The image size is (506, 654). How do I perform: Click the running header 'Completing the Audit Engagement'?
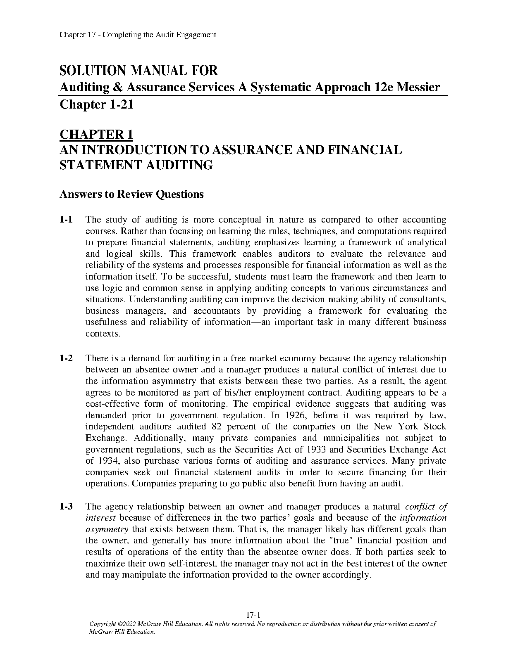coord(159,35)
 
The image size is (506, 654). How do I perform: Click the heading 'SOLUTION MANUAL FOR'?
coord(138,71)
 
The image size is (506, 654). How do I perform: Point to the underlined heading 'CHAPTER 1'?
coord(96,135)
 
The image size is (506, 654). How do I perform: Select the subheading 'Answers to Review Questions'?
coord(131,194)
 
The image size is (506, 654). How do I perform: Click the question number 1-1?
coord(66,220)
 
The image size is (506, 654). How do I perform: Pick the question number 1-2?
coord(66,358)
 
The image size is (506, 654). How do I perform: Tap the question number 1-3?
coord(66,507)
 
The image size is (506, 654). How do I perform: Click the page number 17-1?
coord(253,615)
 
